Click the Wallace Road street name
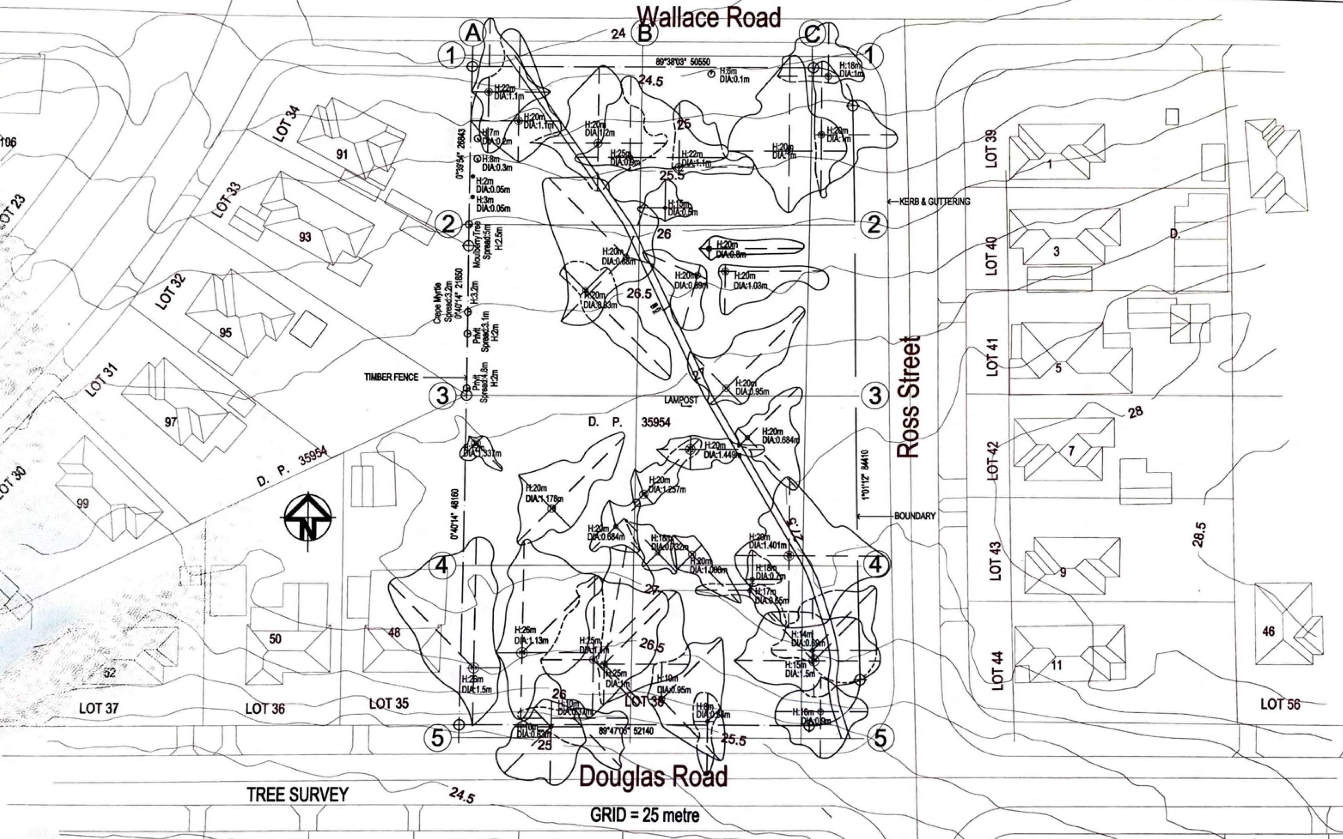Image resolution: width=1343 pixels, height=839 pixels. [x=709, y=18]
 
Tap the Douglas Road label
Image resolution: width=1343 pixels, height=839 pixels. [x=653, y=777]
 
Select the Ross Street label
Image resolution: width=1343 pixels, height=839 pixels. [x=909, y=396]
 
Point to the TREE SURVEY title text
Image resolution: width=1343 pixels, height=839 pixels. [x=297, y=795]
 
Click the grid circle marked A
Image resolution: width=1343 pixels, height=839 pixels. [x=473, y=33]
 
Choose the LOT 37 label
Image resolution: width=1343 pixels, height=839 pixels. [x=99, y=708]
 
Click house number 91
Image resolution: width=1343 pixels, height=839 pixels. [x=342, y=154]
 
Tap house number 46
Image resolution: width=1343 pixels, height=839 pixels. [x=1268, y=631]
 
